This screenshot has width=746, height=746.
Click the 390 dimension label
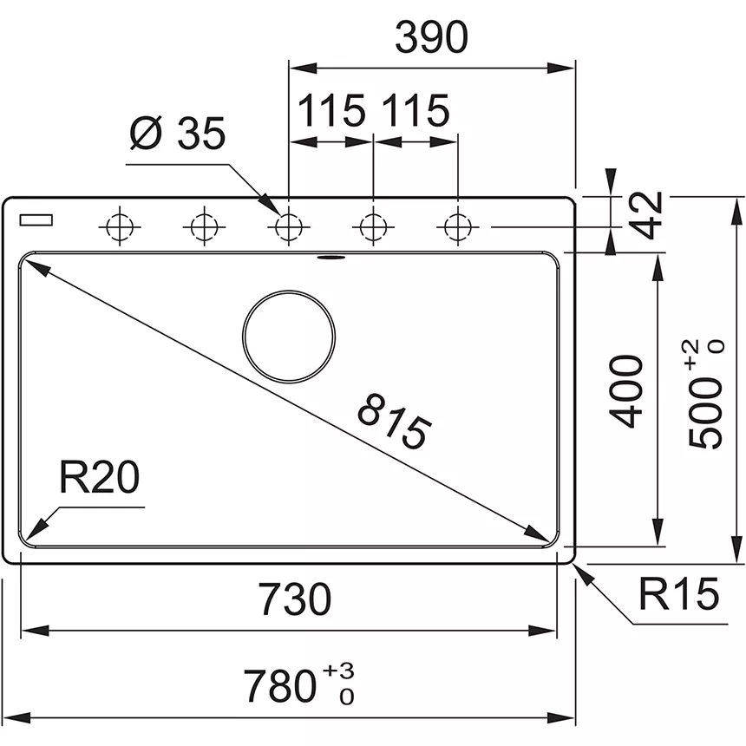click(431, 36)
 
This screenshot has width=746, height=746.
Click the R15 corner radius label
click(679, 595)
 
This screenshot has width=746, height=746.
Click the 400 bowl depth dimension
click(627, 390)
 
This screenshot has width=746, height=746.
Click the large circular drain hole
click(289, 335)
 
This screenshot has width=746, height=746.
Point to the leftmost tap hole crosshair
click(118, 227)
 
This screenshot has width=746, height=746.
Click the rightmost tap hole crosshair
click(456, 227)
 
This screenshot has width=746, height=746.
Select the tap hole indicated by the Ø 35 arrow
click(288, 227)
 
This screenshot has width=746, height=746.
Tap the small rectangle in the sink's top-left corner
click(36, 219)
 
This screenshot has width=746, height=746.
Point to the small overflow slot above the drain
click(330, 257)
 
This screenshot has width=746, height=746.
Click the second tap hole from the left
click(202, 227)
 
